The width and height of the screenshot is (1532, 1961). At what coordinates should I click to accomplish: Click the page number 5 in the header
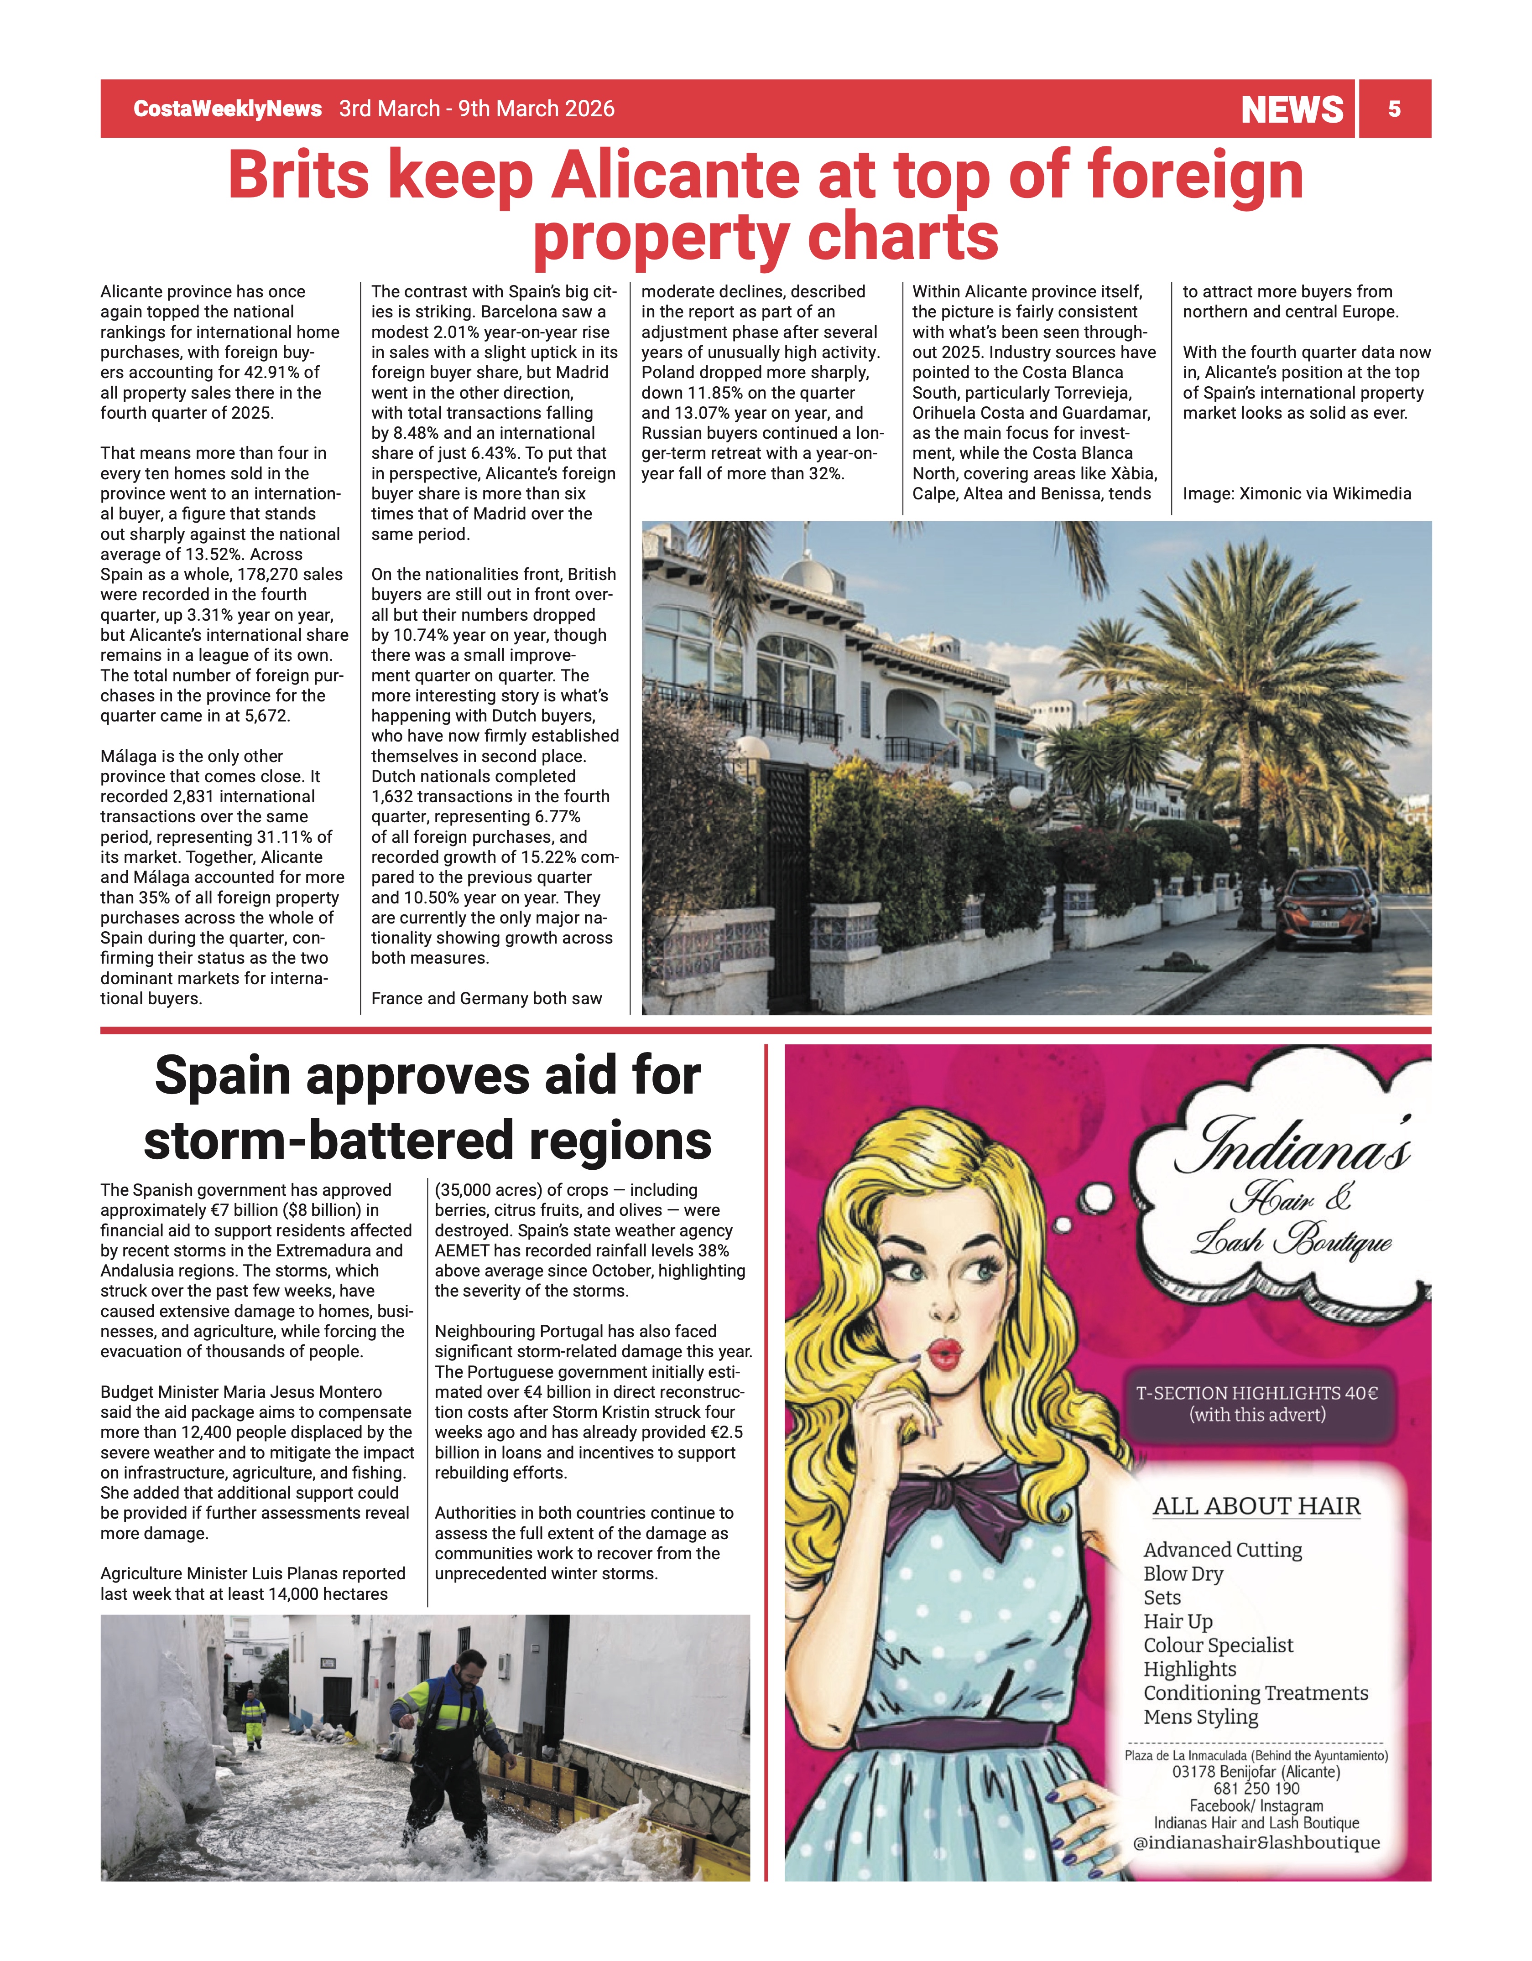(1394, 109)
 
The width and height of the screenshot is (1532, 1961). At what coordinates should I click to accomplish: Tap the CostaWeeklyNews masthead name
(227, 109)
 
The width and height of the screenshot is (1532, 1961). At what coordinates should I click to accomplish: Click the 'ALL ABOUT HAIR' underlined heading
(1256, 1506)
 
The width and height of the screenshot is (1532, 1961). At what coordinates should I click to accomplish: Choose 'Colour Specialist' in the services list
(1218, 1645)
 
